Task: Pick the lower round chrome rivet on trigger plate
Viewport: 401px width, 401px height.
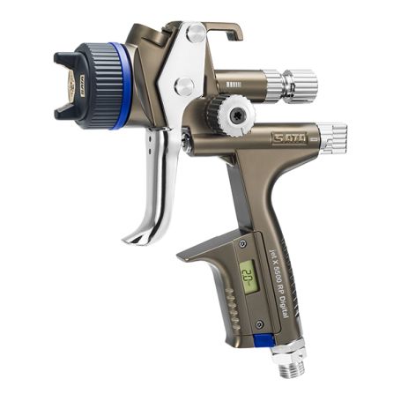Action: click(184, 86)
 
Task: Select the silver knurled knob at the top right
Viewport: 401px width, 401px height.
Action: click(299, 84)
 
